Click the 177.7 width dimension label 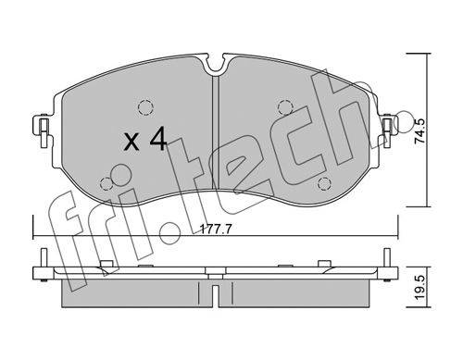point(216,230)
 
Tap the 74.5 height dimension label point(420,130)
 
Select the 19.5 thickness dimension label point(420,289)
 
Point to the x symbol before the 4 point(131,143)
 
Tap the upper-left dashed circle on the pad point(145,107)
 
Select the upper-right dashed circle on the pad point(285,107)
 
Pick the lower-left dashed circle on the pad point(106,184)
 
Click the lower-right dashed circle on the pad point(324,184)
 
